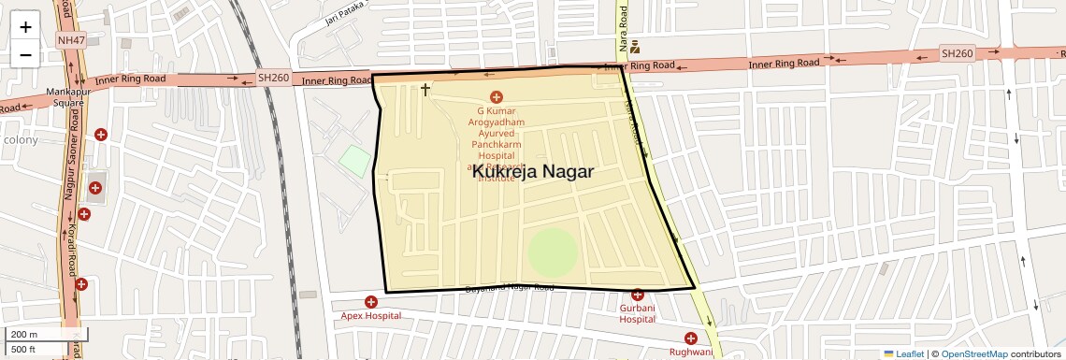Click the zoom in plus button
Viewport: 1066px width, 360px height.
tap(25, 26)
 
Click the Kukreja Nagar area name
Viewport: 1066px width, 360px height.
tap(533, 171)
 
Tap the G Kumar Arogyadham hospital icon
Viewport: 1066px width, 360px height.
tap(497, 97)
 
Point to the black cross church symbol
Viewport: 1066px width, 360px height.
tap(425, 90)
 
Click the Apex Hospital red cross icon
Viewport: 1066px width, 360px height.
tap(371, 302)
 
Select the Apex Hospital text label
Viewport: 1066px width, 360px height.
tap(371, 316)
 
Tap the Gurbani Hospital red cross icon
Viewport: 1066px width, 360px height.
tap(638, 295)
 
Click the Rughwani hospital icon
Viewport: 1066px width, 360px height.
tap(691, 338)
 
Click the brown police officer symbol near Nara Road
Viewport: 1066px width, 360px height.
tap(635, 47)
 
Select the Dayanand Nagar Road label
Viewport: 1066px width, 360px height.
tap(510, 287)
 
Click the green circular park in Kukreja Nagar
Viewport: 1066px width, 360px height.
tap(553, 252)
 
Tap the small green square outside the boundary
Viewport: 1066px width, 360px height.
tap(354, 160)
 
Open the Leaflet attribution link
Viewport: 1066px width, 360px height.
tap(903, 353)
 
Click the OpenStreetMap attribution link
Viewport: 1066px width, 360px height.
tap(974, 353)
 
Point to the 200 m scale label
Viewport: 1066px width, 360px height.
tap(25, 335)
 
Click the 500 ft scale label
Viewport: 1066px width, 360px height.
tap(24, 350)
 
